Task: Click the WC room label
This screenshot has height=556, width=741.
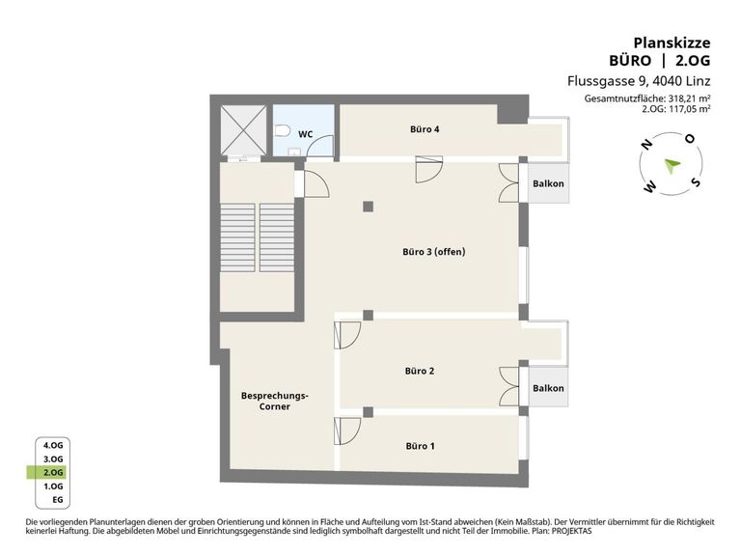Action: tap(305, 134)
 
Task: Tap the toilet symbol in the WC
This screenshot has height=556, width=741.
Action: tap(282, 130)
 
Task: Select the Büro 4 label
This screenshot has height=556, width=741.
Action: tap(425, 129)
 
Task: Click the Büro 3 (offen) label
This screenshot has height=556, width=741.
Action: tap(434, 252)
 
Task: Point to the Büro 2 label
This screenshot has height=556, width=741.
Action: tap(419, 371)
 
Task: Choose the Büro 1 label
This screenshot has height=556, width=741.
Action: tap(420, 446)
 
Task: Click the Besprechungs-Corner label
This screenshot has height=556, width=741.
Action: tap(275, 401)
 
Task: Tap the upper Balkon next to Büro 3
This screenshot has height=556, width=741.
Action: tap(548, 183)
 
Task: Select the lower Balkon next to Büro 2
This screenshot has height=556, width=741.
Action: tap(548, 388)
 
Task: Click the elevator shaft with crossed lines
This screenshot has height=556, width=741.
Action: tap(243, 130)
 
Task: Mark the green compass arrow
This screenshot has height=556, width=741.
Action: tap(672, 165)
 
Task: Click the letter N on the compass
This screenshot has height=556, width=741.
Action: tap(646, 144)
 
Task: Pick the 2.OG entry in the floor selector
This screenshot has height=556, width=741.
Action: tap(53, 472)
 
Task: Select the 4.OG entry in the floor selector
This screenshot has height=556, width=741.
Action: tap(53, 445)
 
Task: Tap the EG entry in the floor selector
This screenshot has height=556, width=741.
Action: tap(58, 500)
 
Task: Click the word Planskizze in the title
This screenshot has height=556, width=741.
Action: tap(672, 43)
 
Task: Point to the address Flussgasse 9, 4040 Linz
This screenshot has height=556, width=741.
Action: tap(639, 81)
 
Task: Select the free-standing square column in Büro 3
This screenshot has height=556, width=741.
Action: tap(369, 207)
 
